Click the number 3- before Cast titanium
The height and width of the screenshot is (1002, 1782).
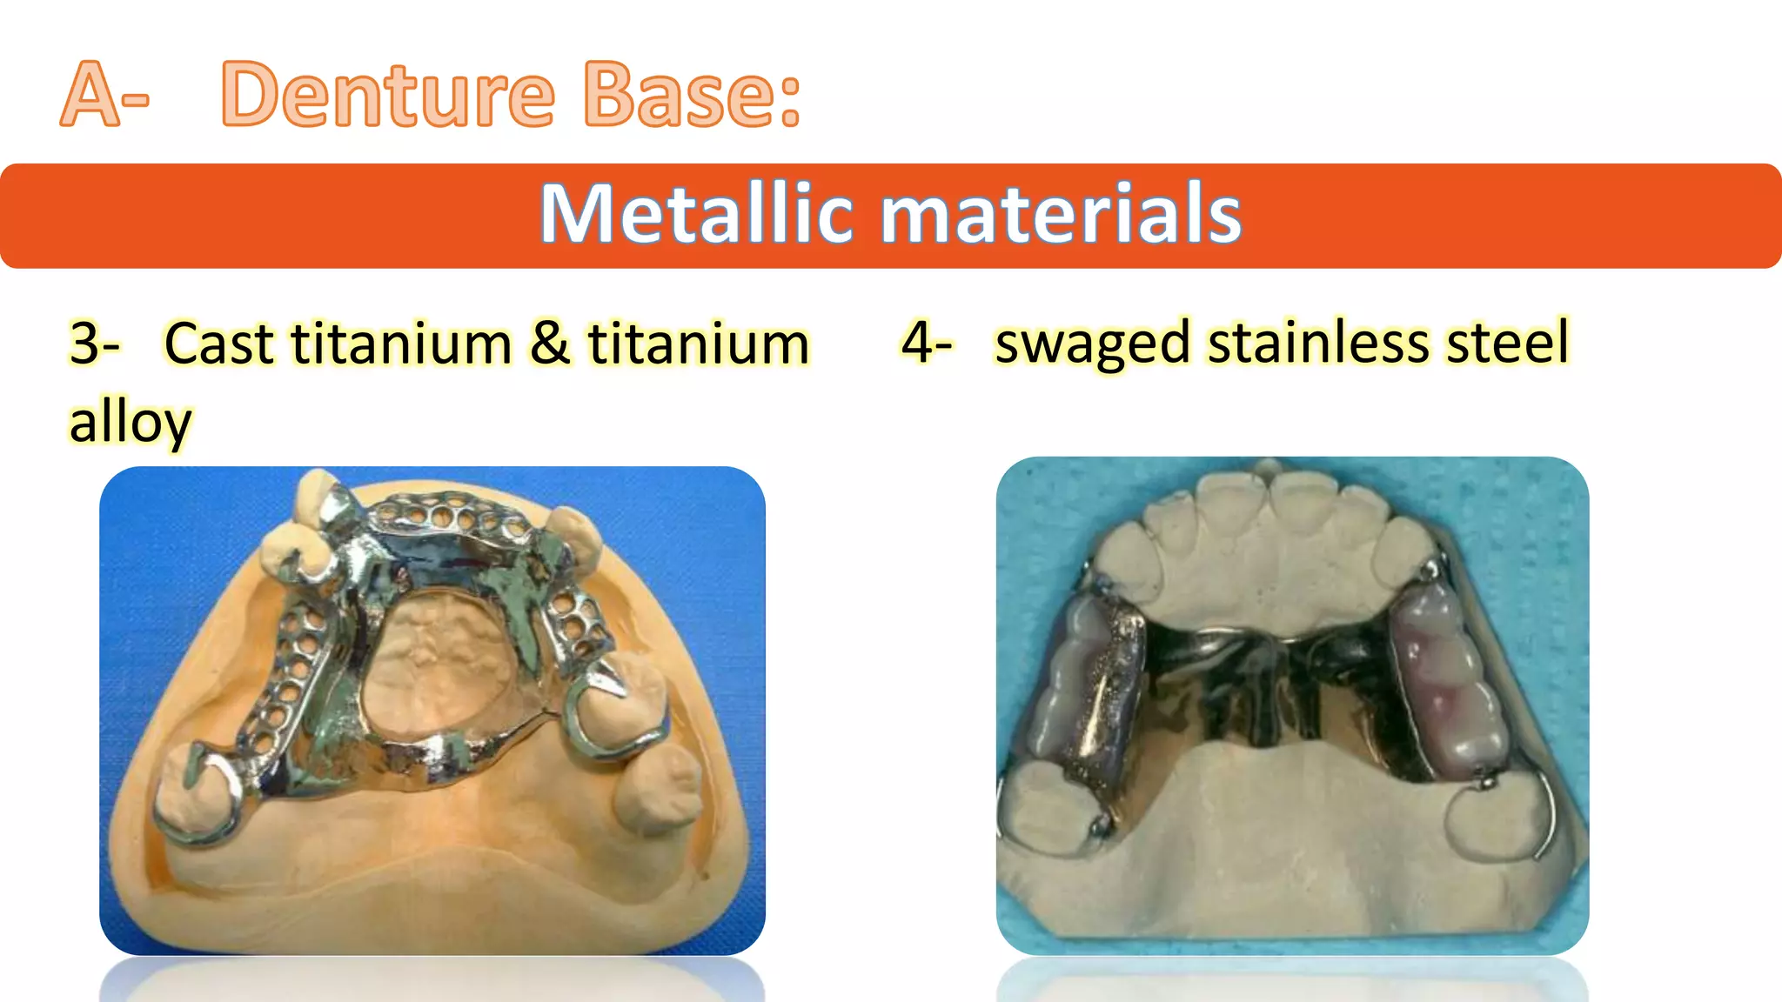click(x=94, y=344)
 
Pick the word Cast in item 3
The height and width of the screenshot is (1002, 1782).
click(x=219, y=344)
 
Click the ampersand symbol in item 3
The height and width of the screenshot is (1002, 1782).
click(x=549, y=344)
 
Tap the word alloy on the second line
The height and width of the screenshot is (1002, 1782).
click(x=131, y=422)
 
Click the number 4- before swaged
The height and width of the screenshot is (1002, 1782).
click(x=926, y=342)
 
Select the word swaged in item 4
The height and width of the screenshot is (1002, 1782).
click(x=1092, y=342)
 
